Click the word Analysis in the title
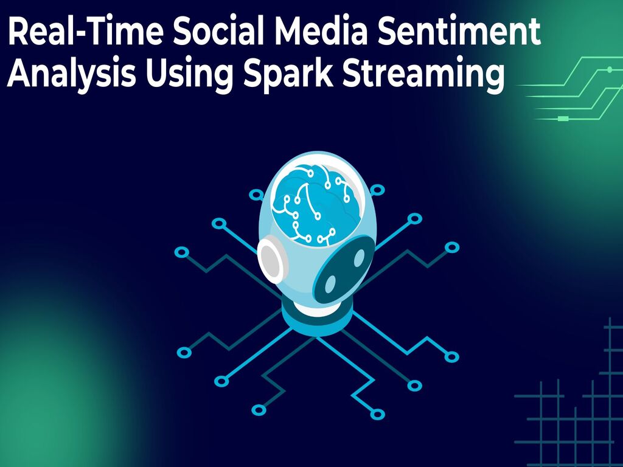[72, 74]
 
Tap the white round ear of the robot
[271, 257]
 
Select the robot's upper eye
[359, 258]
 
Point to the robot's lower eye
[330, 283]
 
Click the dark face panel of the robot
[344, 269]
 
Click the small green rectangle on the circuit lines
[563, 119]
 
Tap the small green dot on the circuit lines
[610, 69]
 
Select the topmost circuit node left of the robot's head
[256, 195]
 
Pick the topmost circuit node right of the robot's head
[377, 190]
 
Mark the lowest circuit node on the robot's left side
[259, 410]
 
